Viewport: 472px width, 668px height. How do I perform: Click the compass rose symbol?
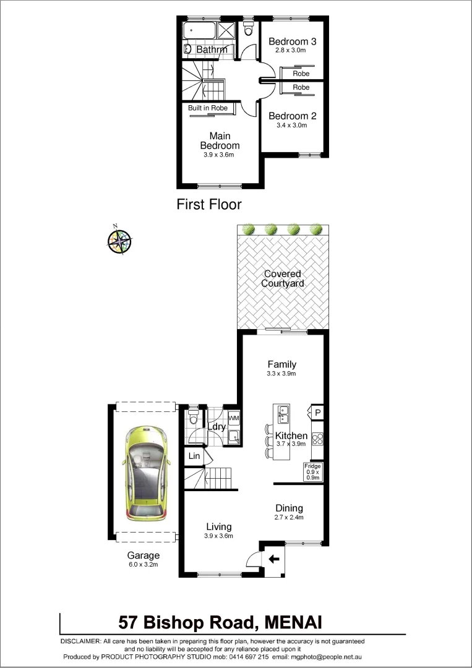tap(119, 240)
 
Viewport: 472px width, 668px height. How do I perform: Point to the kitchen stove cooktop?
tap(317, 439)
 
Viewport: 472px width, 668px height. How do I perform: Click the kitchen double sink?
tap(282, 412)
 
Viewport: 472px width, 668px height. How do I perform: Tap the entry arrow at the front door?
tap(273, 559)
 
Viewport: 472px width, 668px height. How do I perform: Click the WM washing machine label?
tap(234, 419)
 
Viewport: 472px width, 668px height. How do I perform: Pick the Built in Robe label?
tap(208, 108)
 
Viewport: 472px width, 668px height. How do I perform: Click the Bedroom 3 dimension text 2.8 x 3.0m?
tap(292, 51)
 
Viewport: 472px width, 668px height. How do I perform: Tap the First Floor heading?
tap(209, 204)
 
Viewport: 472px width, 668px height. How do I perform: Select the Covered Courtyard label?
tap(282, 278)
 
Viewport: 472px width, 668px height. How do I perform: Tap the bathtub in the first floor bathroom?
tap(199, 30)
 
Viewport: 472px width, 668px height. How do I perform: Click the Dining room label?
tap(289, 508)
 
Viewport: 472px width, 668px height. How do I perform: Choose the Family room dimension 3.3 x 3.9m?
tap(281, 374)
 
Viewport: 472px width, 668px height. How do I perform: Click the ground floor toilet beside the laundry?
tap(192, 418)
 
